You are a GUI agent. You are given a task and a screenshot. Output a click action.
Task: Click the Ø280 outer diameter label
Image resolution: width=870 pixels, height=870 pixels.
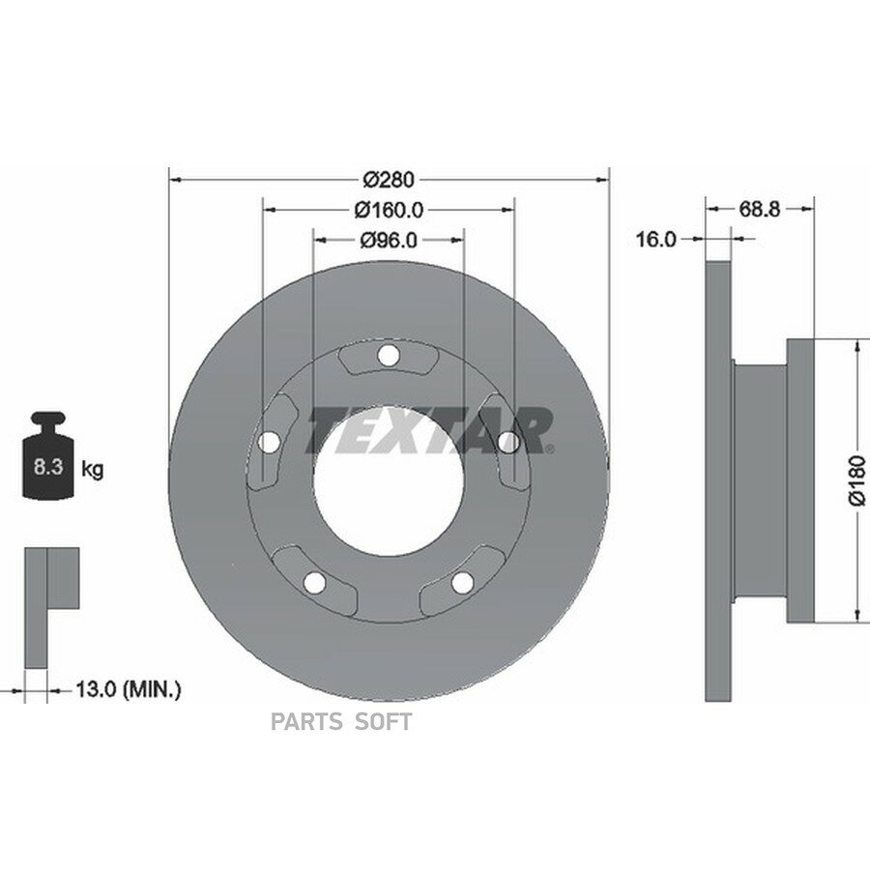[x=389, y=179]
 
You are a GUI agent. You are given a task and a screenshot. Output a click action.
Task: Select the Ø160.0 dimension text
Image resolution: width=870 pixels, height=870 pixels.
[x=389, y=210]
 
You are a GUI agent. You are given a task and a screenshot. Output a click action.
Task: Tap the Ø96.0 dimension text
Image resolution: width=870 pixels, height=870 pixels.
[x=389, y=240]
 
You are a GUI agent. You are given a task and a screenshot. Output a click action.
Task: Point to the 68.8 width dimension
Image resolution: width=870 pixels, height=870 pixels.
[x=759, y=209]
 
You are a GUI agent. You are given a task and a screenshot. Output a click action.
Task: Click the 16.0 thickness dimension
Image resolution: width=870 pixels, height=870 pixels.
[x=655, y=239]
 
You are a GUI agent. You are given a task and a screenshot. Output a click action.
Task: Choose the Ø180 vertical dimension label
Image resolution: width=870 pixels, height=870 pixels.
[x=857, y=480]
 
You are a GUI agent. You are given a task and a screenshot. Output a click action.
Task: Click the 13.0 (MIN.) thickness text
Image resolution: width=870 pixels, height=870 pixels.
[x=128, y=689]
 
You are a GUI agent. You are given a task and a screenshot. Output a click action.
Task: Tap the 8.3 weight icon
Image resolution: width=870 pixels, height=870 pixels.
[x=49, y=455]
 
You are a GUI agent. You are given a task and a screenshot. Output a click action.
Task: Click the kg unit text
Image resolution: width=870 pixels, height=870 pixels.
[x=93, y=469]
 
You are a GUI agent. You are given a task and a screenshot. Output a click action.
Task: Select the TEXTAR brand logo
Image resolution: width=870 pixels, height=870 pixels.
[x=430, y=430]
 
